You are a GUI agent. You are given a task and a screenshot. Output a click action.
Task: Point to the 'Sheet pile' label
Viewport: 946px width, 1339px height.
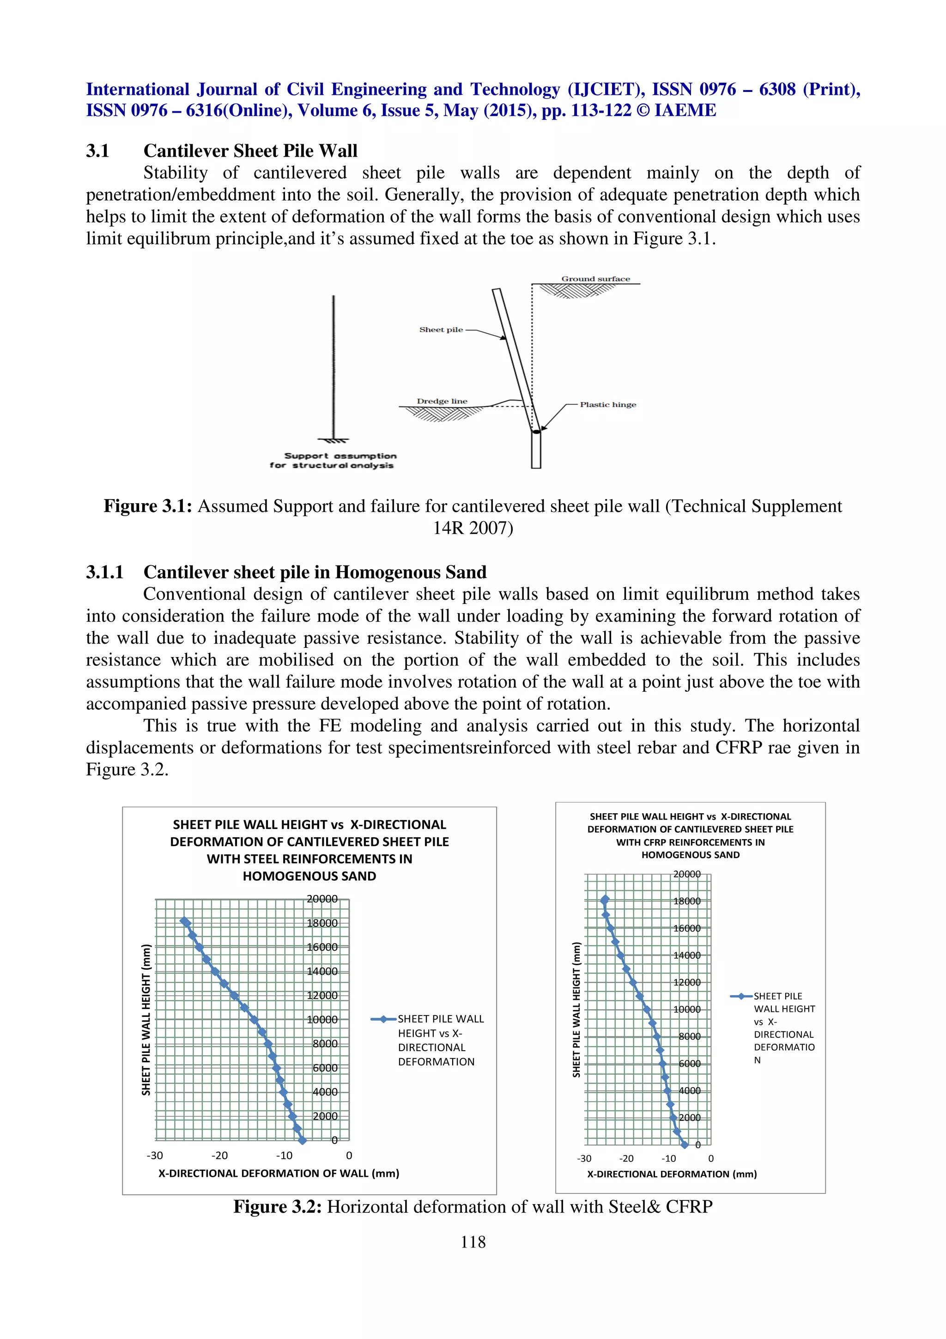[441, 329]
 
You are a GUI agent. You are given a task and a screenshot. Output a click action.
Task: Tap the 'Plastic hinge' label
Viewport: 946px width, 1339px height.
[607, 404]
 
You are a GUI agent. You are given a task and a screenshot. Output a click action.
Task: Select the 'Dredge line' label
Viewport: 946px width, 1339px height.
[442, 401]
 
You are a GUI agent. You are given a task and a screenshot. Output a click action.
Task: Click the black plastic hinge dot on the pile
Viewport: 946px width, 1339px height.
[536, 432]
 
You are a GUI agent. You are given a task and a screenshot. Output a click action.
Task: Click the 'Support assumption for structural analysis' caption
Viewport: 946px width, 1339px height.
[333, 460]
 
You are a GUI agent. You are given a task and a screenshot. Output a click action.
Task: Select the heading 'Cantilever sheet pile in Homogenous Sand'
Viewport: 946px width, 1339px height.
[315, 572]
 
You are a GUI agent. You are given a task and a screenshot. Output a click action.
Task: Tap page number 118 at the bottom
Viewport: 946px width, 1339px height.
[473, 1242]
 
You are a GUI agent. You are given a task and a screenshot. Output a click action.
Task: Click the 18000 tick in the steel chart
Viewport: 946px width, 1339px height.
[322, 923]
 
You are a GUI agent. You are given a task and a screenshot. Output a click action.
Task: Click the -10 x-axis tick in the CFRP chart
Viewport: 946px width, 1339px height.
[668, 1158]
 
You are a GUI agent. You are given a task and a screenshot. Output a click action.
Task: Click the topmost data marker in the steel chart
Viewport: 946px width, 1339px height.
[185, 921]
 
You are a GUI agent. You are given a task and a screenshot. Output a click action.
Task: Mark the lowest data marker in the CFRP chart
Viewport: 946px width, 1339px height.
[685, 1145]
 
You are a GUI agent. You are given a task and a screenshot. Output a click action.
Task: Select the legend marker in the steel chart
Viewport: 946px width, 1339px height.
[383, 1019]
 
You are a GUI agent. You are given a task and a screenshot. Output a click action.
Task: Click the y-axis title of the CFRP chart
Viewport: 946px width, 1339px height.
[576, 1010]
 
